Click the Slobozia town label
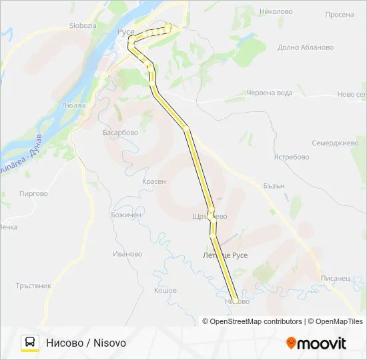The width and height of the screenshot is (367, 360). click(83, 25)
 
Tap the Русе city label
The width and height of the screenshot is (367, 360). click(125, 31)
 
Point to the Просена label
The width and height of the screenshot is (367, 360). click(340, 14)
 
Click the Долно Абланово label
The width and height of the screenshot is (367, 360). click(305, 47)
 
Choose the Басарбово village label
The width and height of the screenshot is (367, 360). click(120, 133)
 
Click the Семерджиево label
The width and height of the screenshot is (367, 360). click(335, 143)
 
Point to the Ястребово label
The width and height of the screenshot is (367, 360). click(292, 157)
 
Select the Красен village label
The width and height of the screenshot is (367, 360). click(154, 181)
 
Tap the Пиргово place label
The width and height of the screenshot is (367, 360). click(34, 194)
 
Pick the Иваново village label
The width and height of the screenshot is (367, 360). click(127, 253)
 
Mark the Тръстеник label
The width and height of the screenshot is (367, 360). click(33, 285)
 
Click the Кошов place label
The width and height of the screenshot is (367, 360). click(165, 291)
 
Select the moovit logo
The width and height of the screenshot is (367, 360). click(316, 343)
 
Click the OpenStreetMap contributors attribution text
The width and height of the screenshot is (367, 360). click(256, 321)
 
